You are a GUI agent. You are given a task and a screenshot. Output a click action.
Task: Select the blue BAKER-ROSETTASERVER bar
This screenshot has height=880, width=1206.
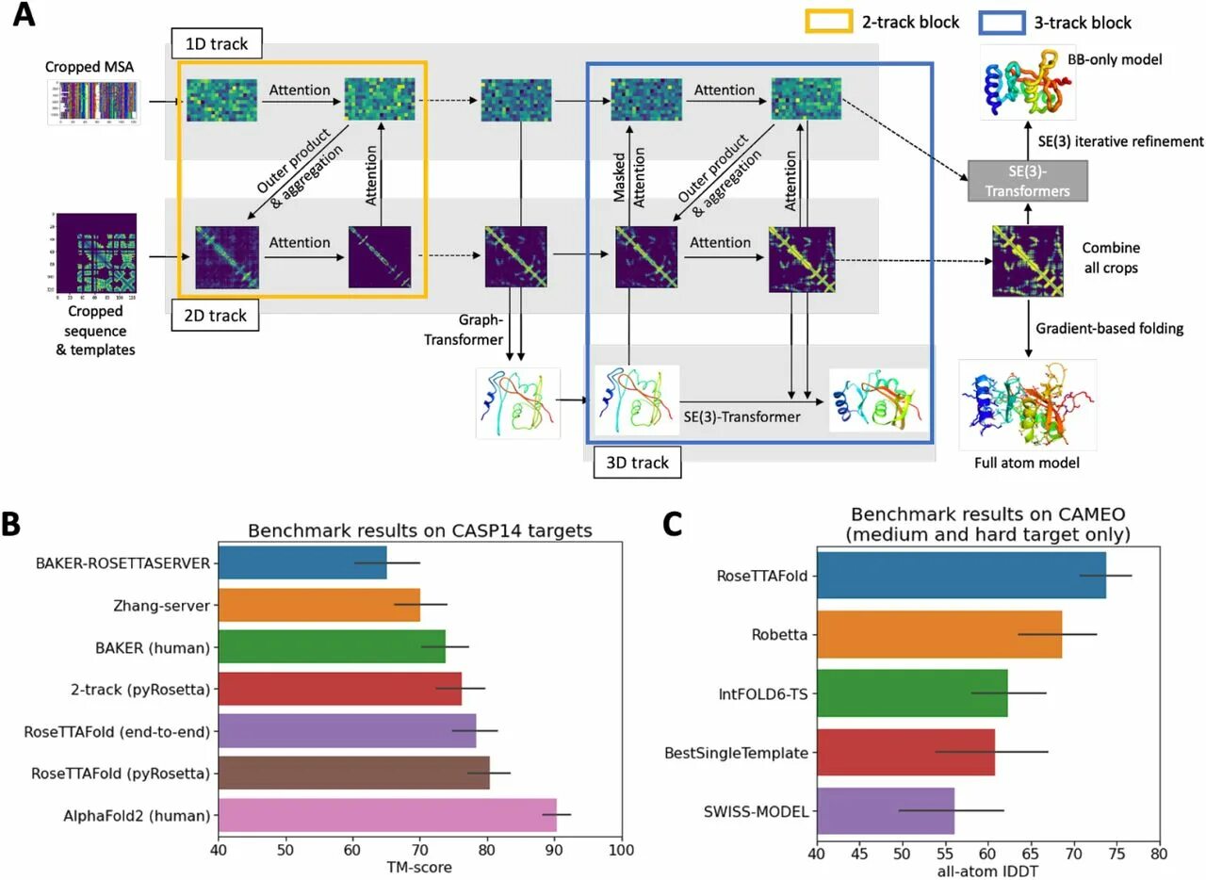pos(301,563)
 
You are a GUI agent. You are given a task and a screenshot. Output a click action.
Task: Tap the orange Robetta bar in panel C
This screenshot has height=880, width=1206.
pos(938,634)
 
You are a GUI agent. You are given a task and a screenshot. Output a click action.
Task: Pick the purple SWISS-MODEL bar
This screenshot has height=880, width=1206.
pos(885,810)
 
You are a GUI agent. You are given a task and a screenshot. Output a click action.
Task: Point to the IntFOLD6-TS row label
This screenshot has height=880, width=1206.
pos(762,693)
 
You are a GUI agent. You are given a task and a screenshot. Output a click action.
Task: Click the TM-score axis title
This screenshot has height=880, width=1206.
pos(419,867)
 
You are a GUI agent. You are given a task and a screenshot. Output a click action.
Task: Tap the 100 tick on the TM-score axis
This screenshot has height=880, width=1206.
pos(621,851)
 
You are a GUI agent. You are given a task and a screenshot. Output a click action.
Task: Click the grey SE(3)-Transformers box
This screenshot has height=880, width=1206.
pos(1027,181)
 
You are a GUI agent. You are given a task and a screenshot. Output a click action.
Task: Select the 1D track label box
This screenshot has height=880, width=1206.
pos(216,43)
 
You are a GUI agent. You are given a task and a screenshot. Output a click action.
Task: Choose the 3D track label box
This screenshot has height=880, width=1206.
pos(638,462)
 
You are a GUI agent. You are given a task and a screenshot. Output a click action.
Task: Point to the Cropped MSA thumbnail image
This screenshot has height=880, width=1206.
pos(94,103)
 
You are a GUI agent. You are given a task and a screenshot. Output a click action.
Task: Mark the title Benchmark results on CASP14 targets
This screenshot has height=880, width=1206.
pos(419,530)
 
